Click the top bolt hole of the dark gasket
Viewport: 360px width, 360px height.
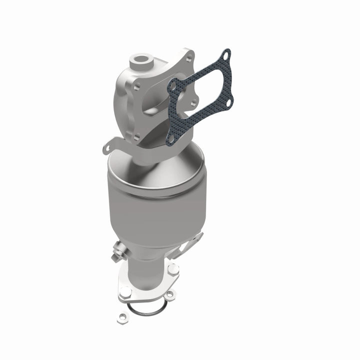click(x=226, y=54)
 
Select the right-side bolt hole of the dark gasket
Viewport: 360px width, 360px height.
click(x=229, y=102)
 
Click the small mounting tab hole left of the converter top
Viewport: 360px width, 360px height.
click(x=106, y=148)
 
